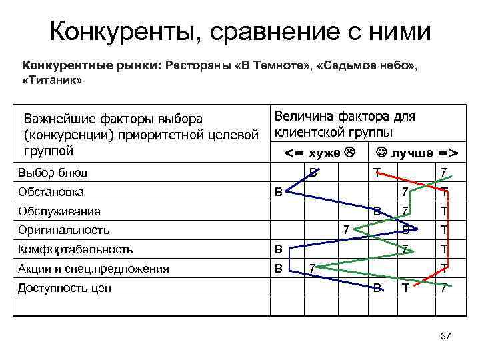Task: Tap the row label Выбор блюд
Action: tap(53, 174)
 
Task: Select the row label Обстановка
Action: tap(51, 193)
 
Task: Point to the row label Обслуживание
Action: tap(60, 211)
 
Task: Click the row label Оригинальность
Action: tap(64, 230)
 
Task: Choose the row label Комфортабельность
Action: tap(76, 250)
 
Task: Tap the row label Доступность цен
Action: tap(65, 288)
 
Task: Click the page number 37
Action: tap(446, 336)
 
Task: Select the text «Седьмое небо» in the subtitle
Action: tap(366, 66)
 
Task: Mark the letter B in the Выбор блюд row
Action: tap(313, 173)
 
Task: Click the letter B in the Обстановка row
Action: tap(279, 192)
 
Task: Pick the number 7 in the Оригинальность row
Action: tap(346, 230)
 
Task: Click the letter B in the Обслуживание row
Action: tap(377, 211)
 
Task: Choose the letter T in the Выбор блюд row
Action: tap(377, 173)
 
